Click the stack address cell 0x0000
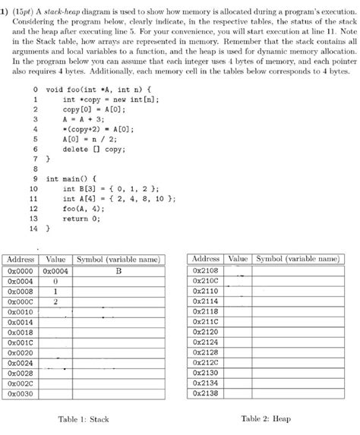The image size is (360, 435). click(x=21, y=270)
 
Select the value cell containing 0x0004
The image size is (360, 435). click(x=55, y=270)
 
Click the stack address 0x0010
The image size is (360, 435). click(x=21, y=311)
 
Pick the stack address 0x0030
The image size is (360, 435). click(x=21, y=394)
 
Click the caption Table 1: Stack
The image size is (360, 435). click(x=84, y=419)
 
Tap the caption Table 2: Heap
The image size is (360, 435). click(x=266, y=418)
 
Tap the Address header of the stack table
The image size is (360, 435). click(x=21, y=259)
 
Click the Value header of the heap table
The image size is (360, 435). click(x=238, y=259)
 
